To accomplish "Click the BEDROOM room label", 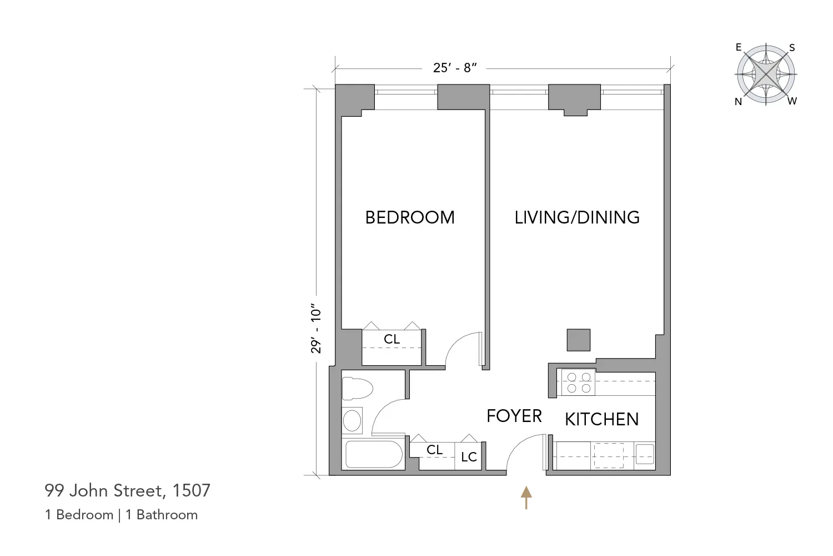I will point(410,217).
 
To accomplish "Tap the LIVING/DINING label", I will point(577,217).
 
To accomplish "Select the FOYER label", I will point(514,416).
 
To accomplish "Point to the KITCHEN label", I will point(601,419).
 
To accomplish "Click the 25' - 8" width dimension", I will point(455,68).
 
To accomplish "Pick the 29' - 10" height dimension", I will point(316,329).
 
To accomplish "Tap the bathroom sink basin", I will point(352,420).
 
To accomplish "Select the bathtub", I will point(374,455).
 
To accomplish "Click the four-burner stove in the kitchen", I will point(578,383).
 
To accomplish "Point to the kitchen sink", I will point(645,454).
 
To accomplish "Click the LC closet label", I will point(469,457).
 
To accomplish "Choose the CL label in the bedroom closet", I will point(392,339).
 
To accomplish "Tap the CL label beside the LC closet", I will point(434,450).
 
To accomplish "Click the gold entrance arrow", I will point(526,497).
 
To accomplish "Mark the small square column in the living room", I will point(578,340).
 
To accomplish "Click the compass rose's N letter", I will point(738,102).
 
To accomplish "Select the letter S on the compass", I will point(792,48).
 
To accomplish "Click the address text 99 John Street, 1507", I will point(128,490).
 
